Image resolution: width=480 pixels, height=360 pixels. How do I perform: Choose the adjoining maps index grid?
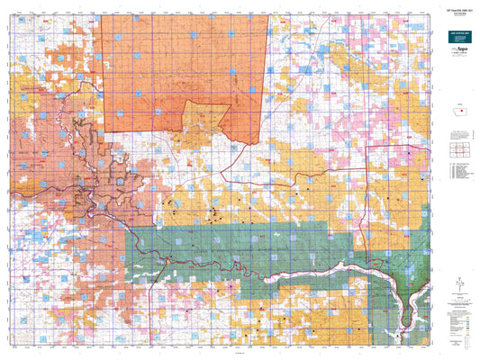457,148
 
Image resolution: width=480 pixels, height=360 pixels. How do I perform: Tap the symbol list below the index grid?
457,170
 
